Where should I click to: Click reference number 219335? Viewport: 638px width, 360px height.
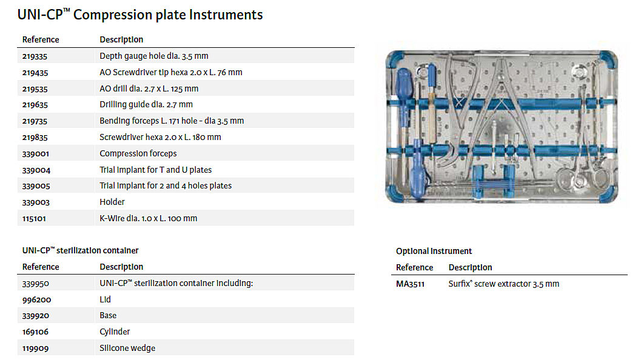point(35,56)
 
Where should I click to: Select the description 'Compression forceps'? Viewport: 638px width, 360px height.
point(138,154)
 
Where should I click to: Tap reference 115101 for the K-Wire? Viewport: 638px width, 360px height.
point(34,219)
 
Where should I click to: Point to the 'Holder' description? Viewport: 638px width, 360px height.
point(112,202)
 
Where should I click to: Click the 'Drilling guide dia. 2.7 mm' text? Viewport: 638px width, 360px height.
point(146,105)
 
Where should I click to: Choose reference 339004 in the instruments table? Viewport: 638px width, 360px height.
point(36,170)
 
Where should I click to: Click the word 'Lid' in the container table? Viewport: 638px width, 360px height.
point(105,300)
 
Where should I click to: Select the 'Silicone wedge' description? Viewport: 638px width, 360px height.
point(127,348)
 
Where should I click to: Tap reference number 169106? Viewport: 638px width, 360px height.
point(35,332)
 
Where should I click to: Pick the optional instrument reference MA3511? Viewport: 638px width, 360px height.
point(410,284)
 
